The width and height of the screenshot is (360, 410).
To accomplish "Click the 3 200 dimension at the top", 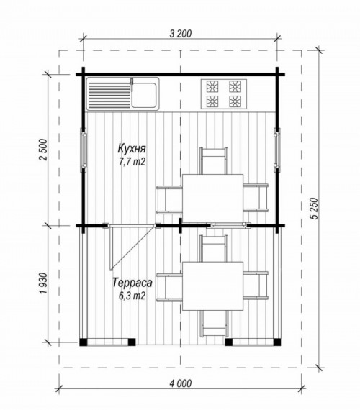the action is pos(181,34).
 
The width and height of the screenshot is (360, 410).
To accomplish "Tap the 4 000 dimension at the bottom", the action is pos(181,383).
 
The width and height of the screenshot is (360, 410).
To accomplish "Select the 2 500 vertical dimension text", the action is pos(43,150).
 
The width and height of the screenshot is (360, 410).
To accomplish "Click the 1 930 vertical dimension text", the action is pos(43,283).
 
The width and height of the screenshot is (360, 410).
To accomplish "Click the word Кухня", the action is pos(132,149).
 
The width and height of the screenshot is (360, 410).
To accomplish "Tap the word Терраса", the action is pos(132,283).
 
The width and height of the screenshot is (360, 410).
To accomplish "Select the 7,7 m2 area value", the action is pos(132,163).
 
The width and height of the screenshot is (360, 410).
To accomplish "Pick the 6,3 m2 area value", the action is pos(132,296).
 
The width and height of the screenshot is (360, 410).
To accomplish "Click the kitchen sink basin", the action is pos(144,95).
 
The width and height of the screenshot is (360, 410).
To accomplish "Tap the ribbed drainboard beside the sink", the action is pos(109,95).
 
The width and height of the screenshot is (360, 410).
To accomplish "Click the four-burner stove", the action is pos(224,94).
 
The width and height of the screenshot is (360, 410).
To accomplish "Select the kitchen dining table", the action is pos(212,199).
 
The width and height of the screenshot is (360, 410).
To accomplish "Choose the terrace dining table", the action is pos(212,286).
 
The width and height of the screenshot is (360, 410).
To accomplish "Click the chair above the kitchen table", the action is pos(213,160).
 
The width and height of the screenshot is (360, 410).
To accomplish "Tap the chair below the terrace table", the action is pos(213,324).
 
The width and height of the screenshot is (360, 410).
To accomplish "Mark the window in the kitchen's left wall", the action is pos(84,150).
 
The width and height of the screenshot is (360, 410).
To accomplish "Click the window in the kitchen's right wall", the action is pos(277,150).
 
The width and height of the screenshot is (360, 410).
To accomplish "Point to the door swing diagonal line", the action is pos(132,247).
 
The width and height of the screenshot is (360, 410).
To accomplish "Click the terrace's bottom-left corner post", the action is pos(84,342).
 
